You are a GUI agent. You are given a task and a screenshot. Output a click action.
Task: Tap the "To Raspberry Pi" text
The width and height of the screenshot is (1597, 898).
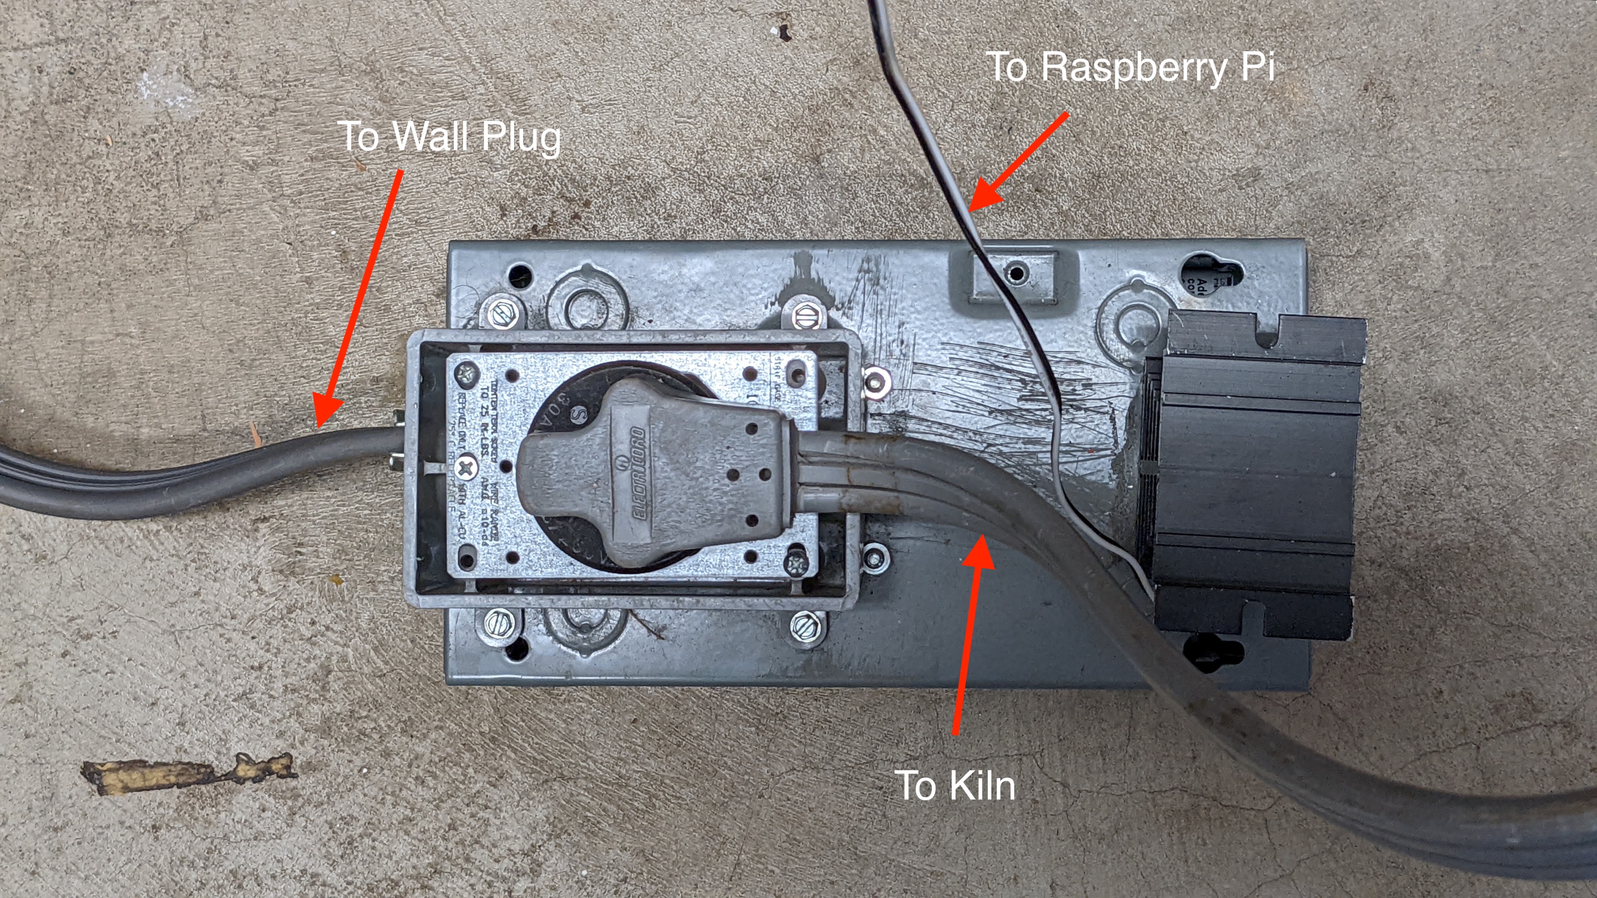click(x=1130, y=67)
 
